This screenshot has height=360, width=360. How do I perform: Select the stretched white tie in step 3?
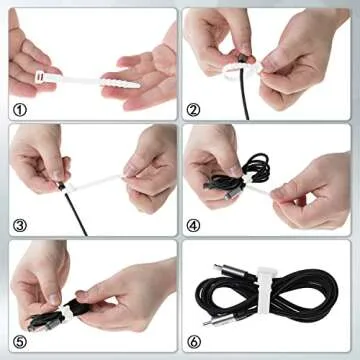(x=100, y=182)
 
